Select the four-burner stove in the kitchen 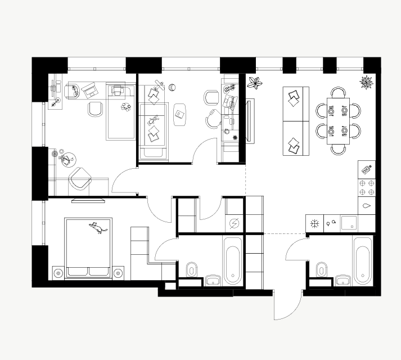click(367, 187)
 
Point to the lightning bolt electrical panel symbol click(234, 223)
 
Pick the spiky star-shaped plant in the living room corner click(367, 82)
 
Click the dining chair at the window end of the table click(338, 93)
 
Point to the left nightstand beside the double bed click(57, 273)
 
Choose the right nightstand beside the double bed click(118, 273)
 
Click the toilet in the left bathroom click(191, 269)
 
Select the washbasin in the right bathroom click(343, 280)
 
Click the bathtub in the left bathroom click(233, 261)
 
